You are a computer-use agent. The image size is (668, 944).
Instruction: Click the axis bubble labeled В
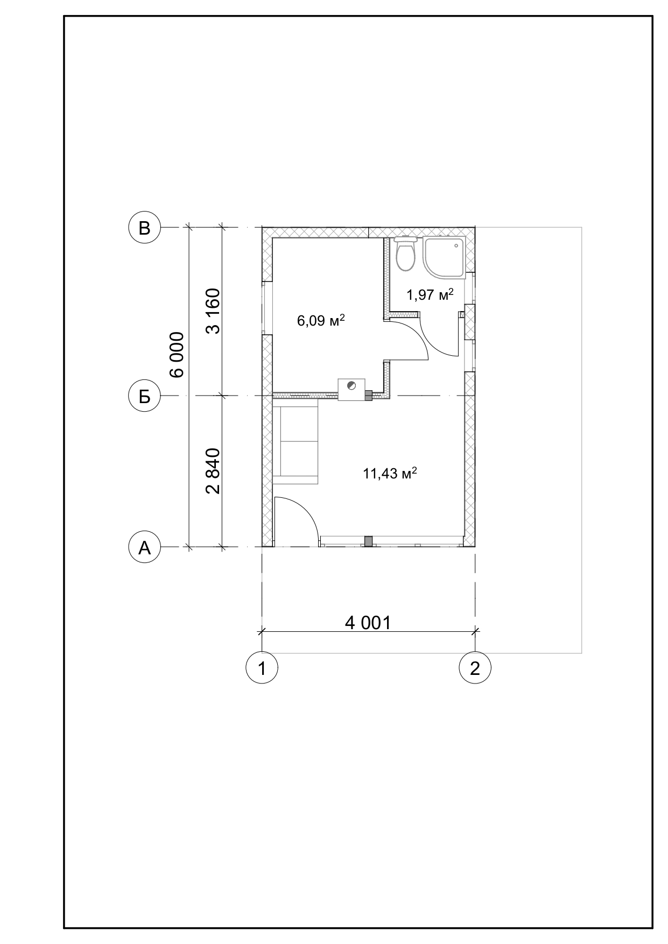[x=144, y=228]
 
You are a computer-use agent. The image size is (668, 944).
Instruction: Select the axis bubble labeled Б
[x=144, y=397]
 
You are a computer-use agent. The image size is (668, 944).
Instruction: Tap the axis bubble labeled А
[x=144, y=547]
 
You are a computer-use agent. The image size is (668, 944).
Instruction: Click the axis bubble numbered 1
[x=262, y=668]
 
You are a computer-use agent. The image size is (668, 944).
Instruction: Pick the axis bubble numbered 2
[x=475, y=668]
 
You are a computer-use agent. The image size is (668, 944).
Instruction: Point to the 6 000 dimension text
[x=177, y=355]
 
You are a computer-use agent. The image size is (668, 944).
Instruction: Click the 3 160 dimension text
[x=213, y=312]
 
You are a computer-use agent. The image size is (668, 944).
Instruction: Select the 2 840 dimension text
[x=213, y=471]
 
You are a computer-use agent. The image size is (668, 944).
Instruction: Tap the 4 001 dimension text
[x=368, y=623]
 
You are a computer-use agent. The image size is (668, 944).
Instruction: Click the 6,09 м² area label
[x=321, y=321]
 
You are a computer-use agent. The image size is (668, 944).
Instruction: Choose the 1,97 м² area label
[x=430, y=294]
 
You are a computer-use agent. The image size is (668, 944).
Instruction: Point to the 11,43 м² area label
[x=390, y=474]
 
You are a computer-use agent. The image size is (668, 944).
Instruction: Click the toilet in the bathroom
[x=406, y=253]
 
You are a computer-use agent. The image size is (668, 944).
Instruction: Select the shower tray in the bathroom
[x=444, y=258]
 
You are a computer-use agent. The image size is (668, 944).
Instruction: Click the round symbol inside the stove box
[x=351, y=384]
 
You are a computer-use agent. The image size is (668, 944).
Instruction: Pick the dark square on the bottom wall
[x=369, y=541]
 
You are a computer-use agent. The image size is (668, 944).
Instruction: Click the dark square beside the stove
[x=369, y=396]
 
